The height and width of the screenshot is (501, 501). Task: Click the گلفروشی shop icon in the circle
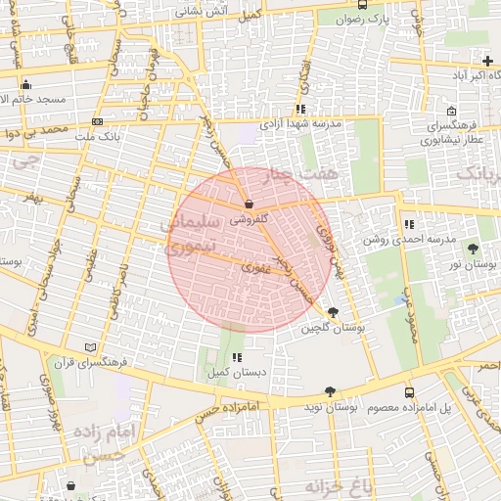coord(248,205)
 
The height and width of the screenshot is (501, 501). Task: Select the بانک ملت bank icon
coord(97,121)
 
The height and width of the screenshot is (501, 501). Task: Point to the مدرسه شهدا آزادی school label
coord(299,124)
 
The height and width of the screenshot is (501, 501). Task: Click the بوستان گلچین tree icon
coord(335,312)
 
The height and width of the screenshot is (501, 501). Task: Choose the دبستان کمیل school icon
coord(237,357)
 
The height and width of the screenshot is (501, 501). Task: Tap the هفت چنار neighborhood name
coord(295,176)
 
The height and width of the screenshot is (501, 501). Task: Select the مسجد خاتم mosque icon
coord(25,84)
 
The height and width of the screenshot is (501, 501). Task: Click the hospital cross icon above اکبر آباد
coord(487,62)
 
